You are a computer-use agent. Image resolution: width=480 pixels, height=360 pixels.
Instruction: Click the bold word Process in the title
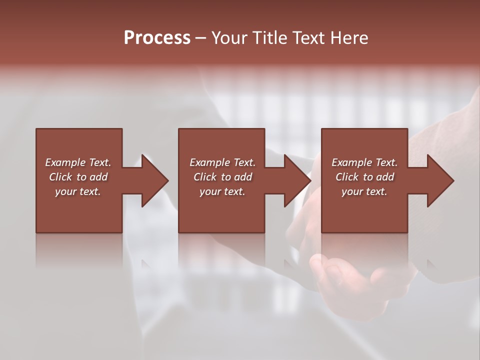pos(157,38)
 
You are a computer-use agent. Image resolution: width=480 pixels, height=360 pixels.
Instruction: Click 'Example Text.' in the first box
pos(78,162)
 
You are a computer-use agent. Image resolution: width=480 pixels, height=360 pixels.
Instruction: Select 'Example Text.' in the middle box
pos(222,162)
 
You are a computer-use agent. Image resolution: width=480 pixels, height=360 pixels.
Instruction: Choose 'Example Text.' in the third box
pos(364,162)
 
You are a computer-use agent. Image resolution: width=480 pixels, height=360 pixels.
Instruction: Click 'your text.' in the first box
pos(78,191)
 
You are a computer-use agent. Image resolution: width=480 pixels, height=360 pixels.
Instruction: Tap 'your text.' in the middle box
pos(222,191)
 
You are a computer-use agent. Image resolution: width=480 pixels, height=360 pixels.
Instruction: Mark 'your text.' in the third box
pos(364,191)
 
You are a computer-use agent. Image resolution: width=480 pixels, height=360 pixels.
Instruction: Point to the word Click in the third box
pos(347,177)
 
